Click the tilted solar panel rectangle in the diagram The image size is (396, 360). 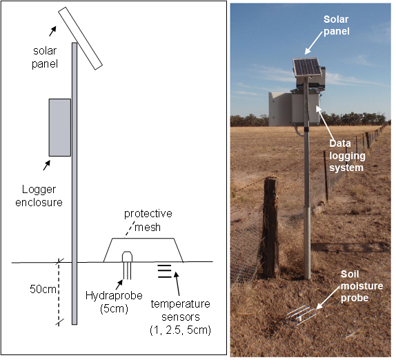81,39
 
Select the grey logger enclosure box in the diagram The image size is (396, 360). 60,128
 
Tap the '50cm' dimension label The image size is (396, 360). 43,290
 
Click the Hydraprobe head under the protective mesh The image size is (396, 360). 127,257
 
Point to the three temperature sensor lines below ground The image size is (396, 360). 164,271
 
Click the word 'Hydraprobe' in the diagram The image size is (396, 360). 114,296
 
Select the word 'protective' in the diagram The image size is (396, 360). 148,214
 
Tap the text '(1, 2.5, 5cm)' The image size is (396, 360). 180,330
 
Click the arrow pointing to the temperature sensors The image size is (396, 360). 177,283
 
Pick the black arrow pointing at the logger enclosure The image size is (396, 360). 47,166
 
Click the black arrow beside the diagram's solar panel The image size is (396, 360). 52,31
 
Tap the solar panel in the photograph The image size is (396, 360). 307,66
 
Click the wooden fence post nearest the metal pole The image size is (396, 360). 270,227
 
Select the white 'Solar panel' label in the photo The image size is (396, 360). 337,26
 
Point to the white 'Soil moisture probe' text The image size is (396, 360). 362,286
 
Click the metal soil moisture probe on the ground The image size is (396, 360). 301,315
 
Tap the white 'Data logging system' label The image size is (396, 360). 347,155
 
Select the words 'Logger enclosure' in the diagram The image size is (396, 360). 39,196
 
